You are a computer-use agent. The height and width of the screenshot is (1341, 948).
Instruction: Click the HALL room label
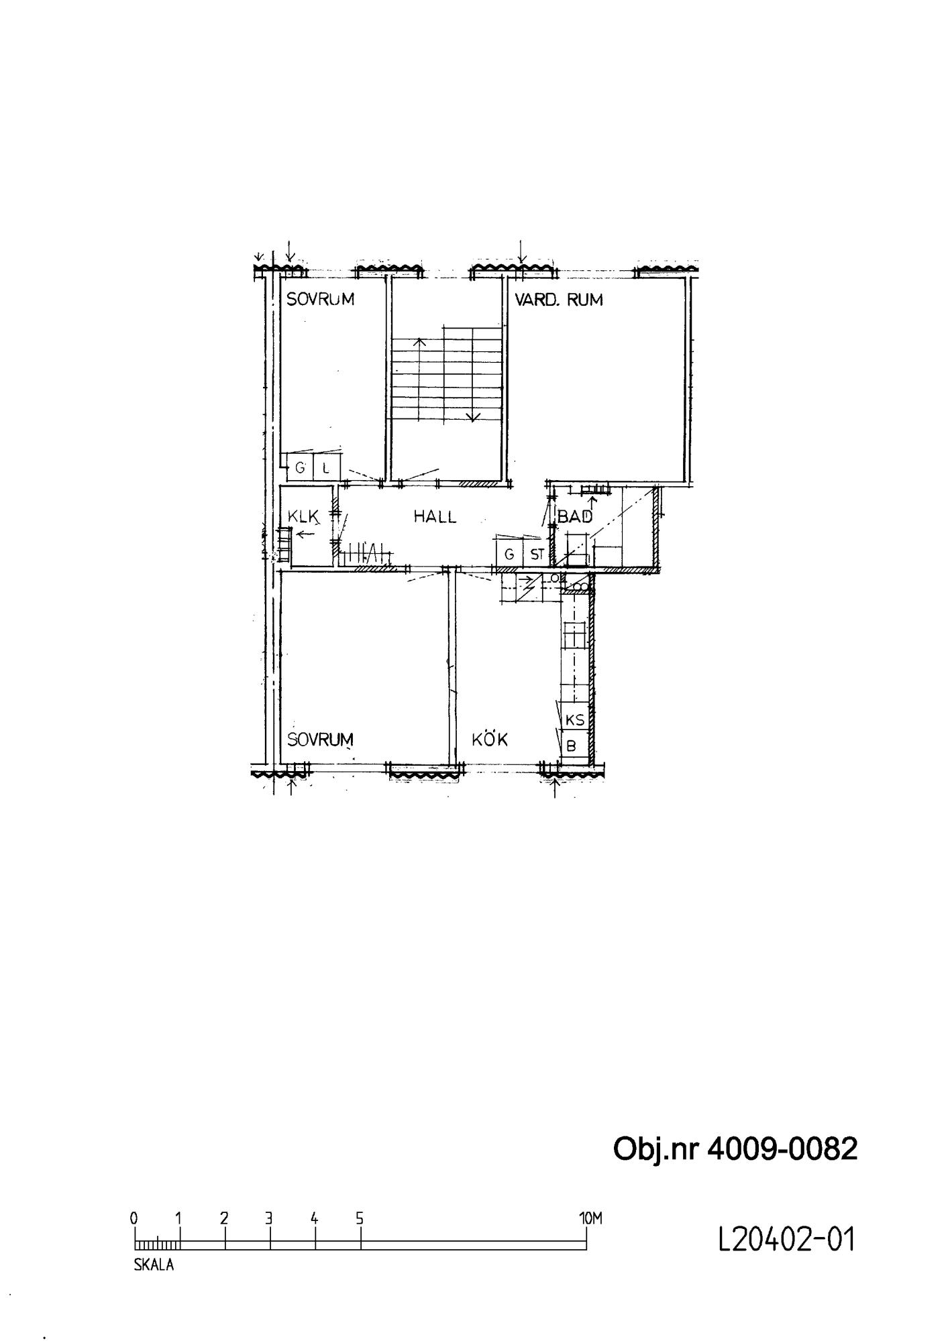435,516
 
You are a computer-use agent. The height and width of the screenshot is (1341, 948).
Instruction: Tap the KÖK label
490,739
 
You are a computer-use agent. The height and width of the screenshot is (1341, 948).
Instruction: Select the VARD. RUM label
559,300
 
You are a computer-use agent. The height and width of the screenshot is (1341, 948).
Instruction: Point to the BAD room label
575,516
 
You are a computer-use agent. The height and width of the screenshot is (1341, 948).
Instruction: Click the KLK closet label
302,516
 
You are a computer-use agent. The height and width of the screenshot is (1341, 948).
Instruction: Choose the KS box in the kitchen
576,719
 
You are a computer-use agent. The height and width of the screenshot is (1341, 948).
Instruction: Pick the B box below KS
574,745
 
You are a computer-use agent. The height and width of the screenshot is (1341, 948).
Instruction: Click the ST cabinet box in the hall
537,555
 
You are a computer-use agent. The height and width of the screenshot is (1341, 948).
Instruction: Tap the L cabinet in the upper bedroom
327,467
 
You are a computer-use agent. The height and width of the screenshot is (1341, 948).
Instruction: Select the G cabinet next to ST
509,555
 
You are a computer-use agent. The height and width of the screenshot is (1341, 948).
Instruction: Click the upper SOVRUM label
320,300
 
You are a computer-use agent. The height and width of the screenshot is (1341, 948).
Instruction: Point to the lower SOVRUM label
320,740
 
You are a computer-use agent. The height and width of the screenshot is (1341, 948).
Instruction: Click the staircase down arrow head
474,417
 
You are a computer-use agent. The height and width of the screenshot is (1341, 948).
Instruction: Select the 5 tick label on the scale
360,1218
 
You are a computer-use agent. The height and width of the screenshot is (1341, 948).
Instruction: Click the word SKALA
154,1265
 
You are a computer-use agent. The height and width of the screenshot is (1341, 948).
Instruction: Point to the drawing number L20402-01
787,1240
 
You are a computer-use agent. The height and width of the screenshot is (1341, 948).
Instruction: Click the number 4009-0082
782,1149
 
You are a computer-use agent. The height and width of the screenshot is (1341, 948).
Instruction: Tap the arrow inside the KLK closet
307,534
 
